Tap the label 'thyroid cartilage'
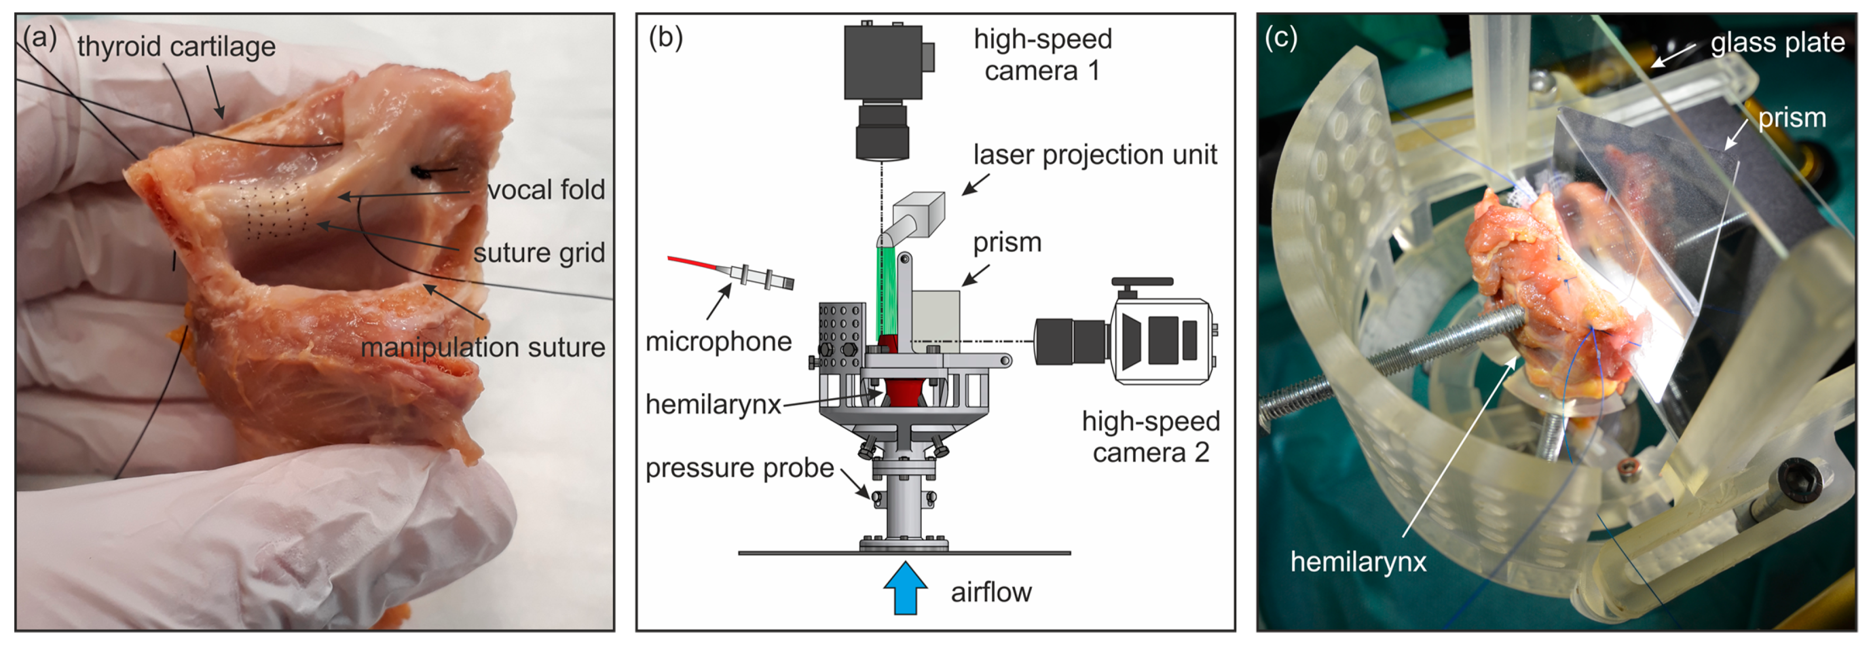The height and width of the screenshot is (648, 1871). pos(177,47)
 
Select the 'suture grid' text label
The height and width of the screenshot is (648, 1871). pos(538,253)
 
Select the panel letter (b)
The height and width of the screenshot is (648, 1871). pos(665,37)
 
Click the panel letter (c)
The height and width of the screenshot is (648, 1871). pos(1281,37)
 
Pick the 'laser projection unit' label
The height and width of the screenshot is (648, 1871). pos(1095,155)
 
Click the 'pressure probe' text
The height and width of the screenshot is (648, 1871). pos(739,468)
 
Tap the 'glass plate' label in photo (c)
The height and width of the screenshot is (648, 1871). pos(1776,43)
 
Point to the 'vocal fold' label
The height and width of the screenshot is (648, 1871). pos(545,190)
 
